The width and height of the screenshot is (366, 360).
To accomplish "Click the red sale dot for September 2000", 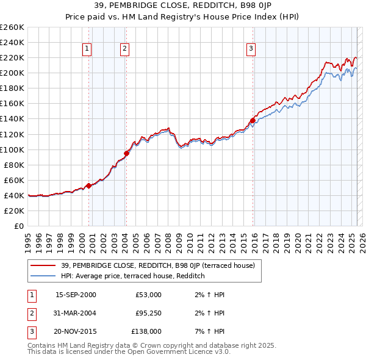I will (x=88, y=185).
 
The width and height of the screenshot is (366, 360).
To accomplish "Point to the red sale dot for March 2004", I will (x=126, y=153).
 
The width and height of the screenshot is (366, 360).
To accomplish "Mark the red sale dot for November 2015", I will (x=253, y=120).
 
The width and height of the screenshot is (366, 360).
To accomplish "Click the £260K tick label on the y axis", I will (x=12, y=27).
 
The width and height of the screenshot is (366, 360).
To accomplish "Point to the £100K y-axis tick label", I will (x=12, y=149).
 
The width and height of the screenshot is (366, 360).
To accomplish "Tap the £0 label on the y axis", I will (x=18, y=226).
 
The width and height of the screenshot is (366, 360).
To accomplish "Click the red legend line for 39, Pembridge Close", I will (x=43, y=265).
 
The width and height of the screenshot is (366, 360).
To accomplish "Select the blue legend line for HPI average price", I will (x=43, y=276).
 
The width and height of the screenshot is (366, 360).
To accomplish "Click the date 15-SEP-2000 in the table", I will (x=76, y=295).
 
